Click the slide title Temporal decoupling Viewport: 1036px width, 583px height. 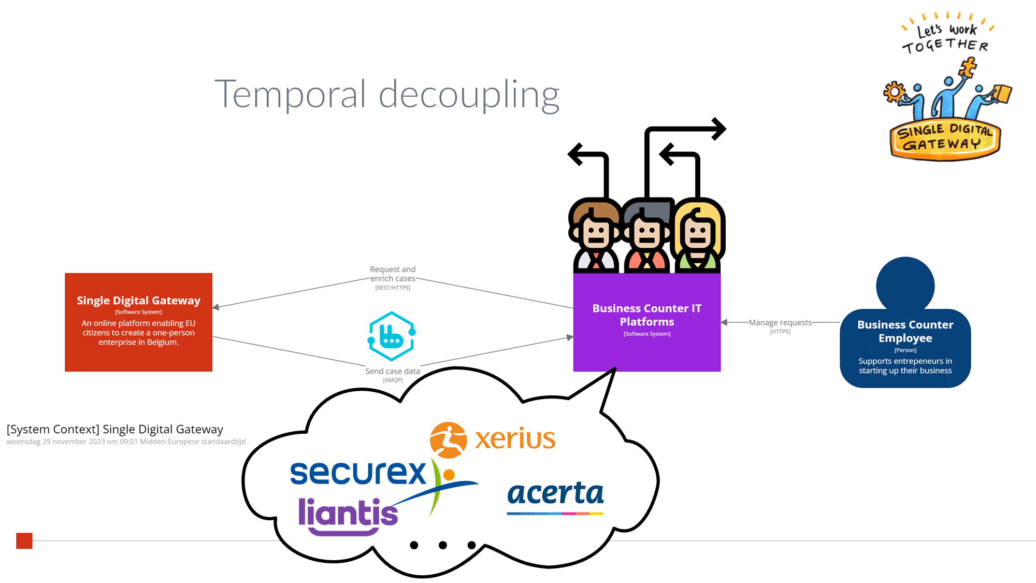[x=387, y=95]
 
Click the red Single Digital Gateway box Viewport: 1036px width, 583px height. [x=138, y=322]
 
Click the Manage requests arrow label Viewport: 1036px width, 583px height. [x=780, y=322]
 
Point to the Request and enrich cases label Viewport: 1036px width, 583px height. [x=393, y=274]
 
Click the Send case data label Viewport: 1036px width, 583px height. [x=393, y=371]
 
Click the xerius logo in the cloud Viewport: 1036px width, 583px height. [x=493, y=439]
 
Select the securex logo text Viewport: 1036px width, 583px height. [x=358, y=473]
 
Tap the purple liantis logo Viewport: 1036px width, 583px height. [x=348, y=515]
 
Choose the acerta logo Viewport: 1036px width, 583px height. [x=555, y=494]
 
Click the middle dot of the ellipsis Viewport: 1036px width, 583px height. [x=443, y=545]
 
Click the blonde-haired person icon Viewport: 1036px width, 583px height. [x=698, y=236]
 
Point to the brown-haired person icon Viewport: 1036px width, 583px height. [x=596, y=236]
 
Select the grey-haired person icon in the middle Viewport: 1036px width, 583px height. [x=647, y=236]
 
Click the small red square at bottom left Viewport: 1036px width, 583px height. [x=24, y=541]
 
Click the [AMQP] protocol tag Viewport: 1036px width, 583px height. [x=393, y=380]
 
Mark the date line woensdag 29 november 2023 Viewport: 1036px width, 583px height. [x=126, y=442]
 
